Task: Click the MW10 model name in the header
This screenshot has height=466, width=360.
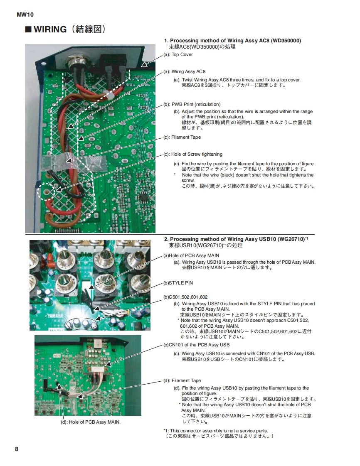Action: pos(25,15)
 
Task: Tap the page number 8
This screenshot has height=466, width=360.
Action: pos(17,449)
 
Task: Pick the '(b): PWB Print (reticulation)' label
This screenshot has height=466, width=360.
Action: pos(192,104)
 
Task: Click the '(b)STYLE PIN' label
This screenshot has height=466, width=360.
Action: pos(178,283)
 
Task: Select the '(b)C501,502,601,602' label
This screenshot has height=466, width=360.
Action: pos(185,297)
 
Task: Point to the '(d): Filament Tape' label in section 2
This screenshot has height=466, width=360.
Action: pos(182,380)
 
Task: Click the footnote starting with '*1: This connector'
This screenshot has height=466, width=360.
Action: pos(215,431)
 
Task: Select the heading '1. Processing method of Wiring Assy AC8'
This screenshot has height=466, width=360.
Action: pos(232,41)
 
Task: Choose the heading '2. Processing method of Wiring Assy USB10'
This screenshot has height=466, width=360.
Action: pos(236,239)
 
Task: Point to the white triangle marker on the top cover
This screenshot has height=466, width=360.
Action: pos(144,64)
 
